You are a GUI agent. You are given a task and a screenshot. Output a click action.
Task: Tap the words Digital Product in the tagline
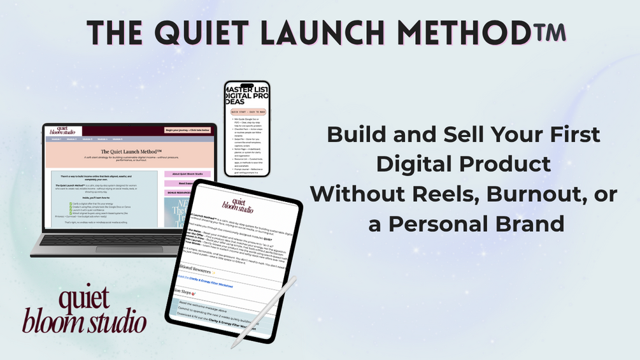coord(463,164)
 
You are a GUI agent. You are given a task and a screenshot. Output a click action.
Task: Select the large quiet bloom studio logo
coord(85,312)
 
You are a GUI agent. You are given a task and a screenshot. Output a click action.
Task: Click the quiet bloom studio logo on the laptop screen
coord(66,131)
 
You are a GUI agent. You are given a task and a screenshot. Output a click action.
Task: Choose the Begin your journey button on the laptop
coord(187,130)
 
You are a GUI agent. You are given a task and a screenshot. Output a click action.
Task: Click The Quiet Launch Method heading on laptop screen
coord(131,152)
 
